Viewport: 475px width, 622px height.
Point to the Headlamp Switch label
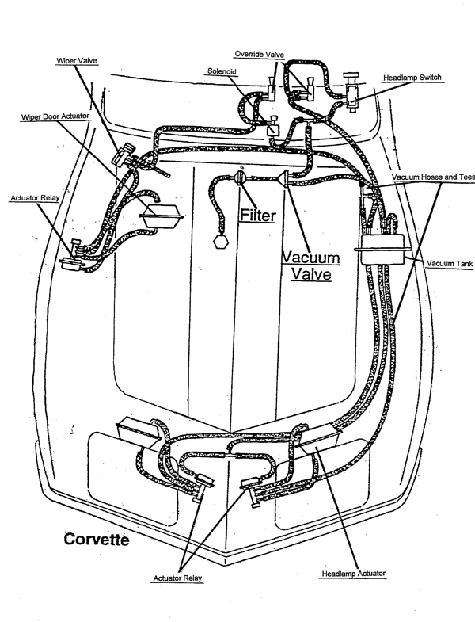[x=412, y=78]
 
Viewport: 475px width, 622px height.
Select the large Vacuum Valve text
[x=310, y=266]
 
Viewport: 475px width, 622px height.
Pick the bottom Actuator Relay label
[x=177, y=578]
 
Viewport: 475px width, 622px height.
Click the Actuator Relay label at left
[x=32, y=197]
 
